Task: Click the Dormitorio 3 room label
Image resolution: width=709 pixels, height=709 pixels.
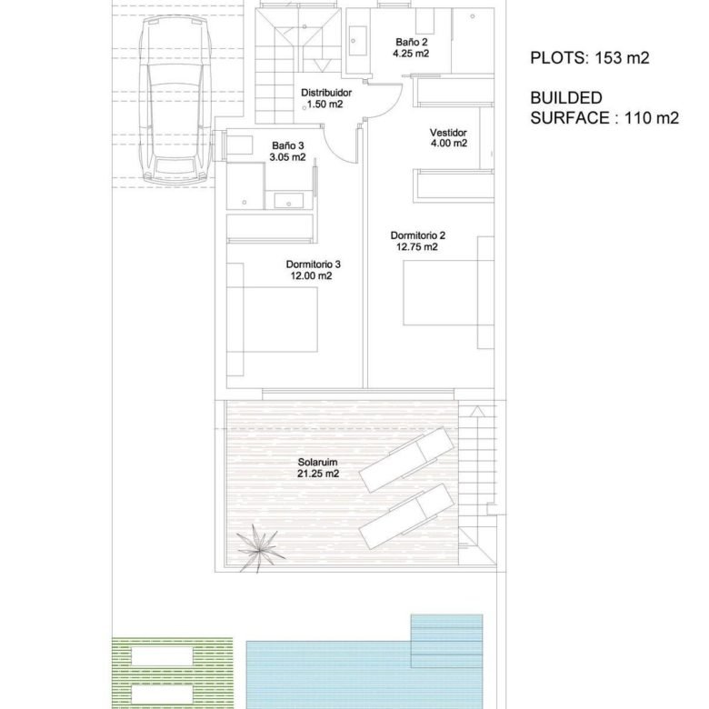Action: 314,265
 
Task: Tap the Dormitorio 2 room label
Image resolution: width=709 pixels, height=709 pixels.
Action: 418,235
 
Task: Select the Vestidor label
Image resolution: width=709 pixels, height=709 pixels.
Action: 448,133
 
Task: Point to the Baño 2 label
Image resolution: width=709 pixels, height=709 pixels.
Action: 412,42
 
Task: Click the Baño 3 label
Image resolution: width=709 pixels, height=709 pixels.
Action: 288,145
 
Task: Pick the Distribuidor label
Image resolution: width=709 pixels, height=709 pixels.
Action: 326,93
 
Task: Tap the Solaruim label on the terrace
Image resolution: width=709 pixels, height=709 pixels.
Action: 317,462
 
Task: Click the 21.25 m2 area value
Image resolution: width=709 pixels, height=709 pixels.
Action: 318,474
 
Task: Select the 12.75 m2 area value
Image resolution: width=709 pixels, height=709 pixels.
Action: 417,247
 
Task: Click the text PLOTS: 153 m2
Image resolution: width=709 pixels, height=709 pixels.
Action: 590,58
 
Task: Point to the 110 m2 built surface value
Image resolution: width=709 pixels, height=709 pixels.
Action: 652,118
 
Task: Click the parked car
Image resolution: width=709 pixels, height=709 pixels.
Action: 175,101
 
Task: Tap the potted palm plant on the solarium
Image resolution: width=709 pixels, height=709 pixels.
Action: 260,549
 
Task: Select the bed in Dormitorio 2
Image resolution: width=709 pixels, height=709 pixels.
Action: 448,293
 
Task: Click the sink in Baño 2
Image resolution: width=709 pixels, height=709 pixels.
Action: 357,41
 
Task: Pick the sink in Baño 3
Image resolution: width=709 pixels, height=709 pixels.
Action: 288,200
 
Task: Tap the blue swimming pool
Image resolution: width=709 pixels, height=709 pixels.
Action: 364,664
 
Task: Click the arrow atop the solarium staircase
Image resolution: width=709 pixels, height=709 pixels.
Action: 477,412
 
